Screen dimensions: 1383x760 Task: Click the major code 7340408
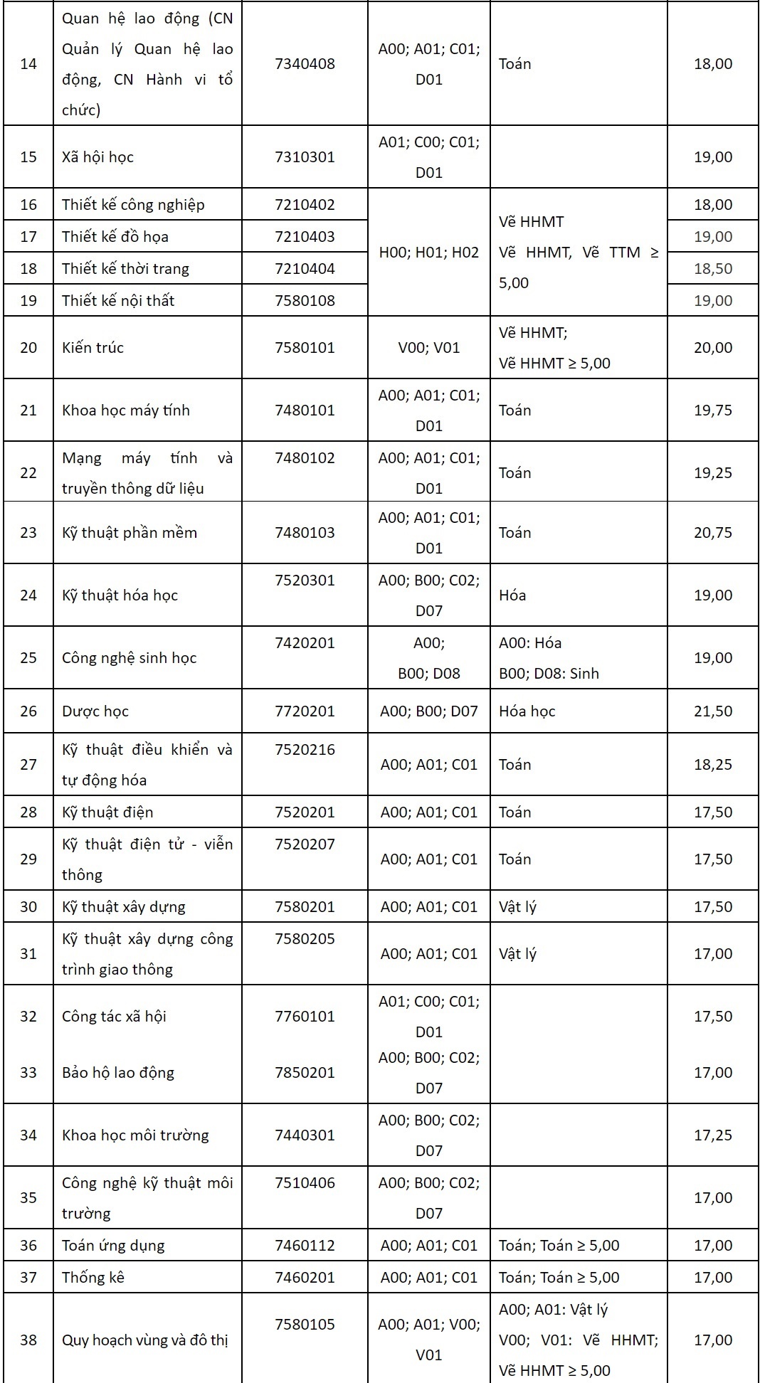[305, 64]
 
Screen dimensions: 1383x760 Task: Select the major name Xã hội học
[97, 157]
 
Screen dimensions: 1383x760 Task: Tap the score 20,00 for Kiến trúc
[712, 348]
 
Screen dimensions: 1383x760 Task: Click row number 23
[28, 533]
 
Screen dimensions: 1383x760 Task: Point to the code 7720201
[305, 711]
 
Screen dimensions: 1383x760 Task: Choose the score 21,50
[712, 711]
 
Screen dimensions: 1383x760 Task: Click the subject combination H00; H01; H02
[428, 253]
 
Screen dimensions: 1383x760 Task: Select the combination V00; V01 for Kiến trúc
[428, 348]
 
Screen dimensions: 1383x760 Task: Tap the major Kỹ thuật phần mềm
[129, 533]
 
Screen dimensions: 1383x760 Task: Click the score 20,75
[712, 533]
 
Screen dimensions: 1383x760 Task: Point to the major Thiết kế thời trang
[125, 269]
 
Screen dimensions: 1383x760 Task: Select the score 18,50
[712, 269]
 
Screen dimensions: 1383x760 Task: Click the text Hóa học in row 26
[527, 711]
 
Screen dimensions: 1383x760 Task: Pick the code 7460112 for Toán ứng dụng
[305, 1246]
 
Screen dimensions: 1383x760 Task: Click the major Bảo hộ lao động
[118, 1073]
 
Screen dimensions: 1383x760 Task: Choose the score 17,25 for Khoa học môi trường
[712, 1135]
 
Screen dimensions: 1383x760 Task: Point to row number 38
[28, 1340]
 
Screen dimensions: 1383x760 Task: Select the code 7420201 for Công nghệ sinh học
[305, 643]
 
